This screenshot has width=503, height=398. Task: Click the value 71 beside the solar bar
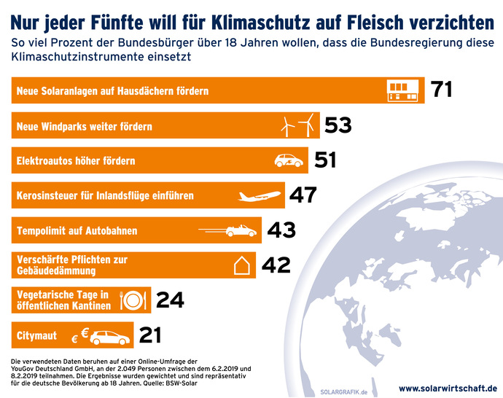point(442,90)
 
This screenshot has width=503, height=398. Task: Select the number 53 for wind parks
point(338,125)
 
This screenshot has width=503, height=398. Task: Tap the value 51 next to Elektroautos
point(325,160)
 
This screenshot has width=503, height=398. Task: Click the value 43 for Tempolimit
point(281,230)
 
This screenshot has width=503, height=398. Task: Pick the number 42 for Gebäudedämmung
point(276,265)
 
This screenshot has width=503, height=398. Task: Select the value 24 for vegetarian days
point(170,300)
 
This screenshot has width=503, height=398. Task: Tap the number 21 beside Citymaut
point(149,335)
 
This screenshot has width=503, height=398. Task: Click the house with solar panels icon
point(403,90)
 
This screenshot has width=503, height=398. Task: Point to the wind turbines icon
point(299,125)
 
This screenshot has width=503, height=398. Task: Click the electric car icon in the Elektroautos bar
point(288,160)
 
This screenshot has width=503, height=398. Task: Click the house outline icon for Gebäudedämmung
point(241,265)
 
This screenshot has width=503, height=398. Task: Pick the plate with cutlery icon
point(131,300)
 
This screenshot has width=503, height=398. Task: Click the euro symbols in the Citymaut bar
point(80,335)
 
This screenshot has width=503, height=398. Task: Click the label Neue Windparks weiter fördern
point(84,126)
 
